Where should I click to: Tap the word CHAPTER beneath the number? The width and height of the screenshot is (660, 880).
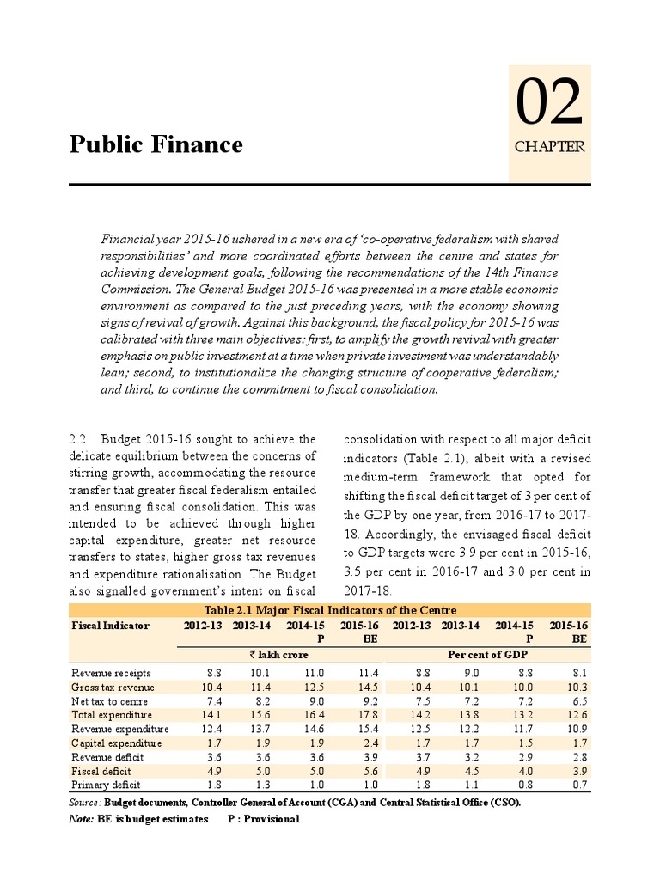549,147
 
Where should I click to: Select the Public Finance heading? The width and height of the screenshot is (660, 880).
156,144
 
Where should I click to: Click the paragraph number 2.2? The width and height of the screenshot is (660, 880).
78,439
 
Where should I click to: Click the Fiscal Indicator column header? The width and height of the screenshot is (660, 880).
110,625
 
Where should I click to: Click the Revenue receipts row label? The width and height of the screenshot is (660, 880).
107,674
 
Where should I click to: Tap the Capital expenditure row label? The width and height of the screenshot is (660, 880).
116,742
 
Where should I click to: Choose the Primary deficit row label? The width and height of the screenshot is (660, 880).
107,784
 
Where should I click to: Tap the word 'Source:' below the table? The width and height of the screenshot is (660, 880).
84,802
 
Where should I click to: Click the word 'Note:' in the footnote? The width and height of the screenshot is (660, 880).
82,819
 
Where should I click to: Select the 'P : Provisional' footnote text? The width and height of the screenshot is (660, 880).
264,819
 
